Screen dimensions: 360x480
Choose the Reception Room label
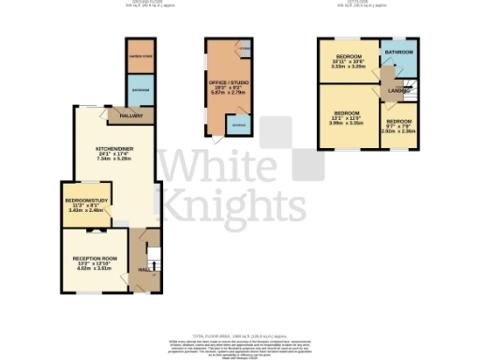(97, 258)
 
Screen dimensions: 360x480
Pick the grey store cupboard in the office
(244, 46)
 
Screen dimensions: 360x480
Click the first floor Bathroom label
(404, 52)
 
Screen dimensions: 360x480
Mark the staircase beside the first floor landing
(409, 90)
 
